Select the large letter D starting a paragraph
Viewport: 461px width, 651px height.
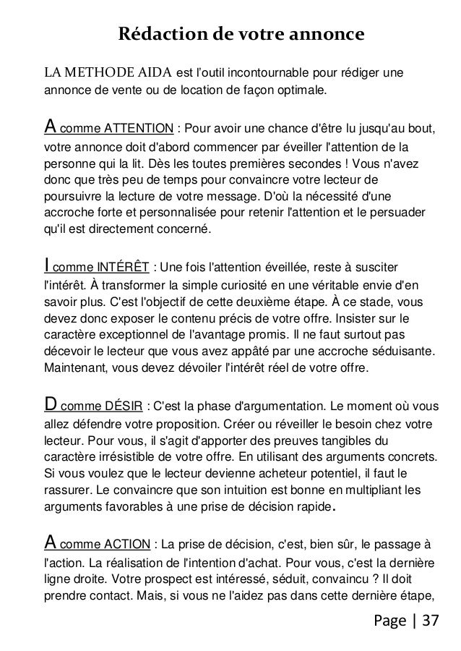tap(51, 400)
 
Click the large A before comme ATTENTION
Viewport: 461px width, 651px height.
tap(51, 127)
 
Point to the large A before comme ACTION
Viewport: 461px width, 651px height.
tap(51, 542)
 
